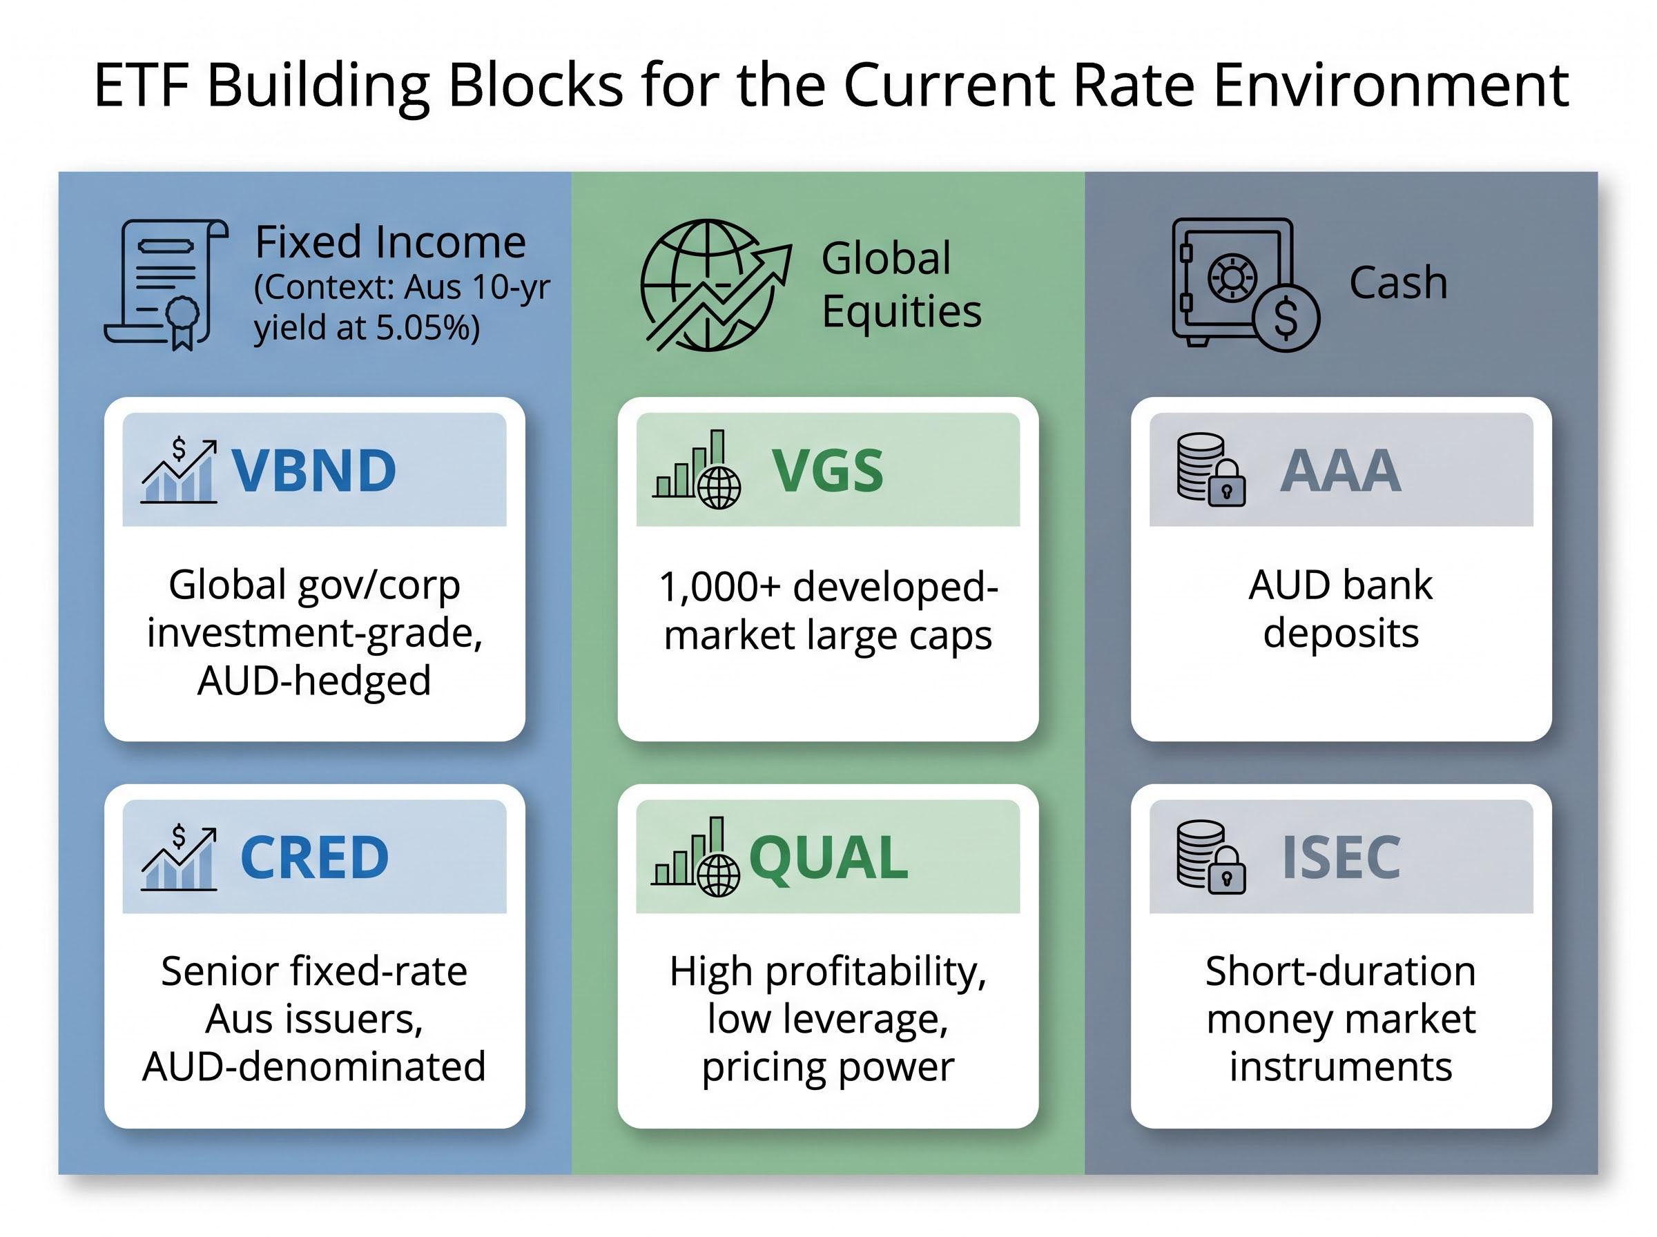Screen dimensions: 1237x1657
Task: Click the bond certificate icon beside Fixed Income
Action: (166, 284)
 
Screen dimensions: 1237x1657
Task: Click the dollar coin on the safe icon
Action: (1286, 318)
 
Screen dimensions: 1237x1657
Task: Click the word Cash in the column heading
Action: (1398, 283)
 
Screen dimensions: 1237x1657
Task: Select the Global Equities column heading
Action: (901, 284)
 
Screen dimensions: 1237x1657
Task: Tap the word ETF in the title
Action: (141, 86)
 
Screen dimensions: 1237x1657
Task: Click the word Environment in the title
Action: (1391, 86)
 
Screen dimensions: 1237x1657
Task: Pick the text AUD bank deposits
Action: (1340, 608)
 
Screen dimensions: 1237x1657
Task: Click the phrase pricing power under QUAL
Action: (827, 1066)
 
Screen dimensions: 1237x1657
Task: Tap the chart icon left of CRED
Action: (179, 857)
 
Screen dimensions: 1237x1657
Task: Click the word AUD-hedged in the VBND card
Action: (313, 681)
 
